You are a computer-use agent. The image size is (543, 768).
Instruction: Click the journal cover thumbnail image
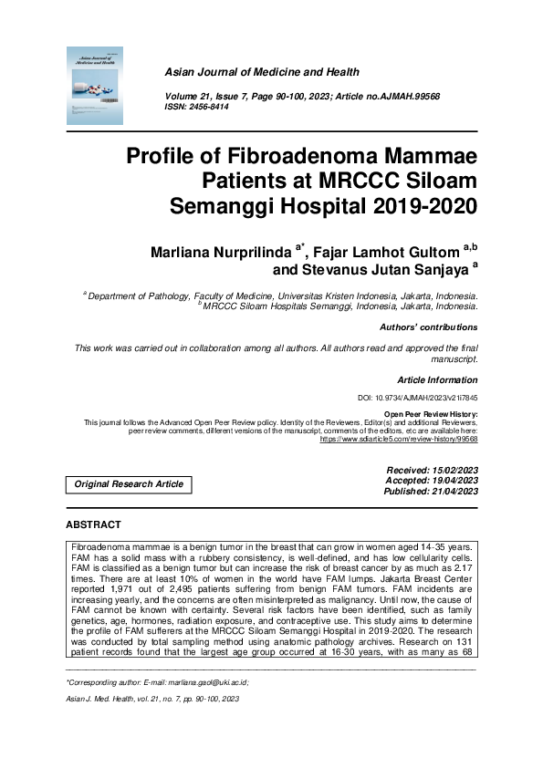[x=94, y=86]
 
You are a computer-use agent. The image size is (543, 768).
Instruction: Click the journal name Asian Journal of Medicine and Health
[x=262, y=72]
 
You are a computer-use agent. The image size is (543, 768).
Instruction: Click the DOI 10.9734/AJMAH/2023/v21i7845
[x=417, y=399]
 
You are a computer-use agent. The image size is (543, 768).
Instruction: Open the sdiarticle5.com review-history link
[x=398, y=439]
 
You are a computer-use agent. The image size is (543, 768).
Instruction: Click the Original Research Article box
[x=129, y=484]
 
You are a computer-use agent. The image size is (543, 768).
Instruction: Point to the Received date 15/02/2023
[x=450, y=469]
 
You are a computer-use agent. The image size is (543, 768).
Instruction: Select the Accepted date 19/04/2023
[x=450, y=480]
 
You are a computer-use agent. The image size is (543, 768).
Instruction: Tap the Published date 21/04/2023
[x=450, y=491]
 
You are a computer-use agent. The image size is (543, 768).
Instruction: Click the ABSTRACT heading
[x=93, y=525]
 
